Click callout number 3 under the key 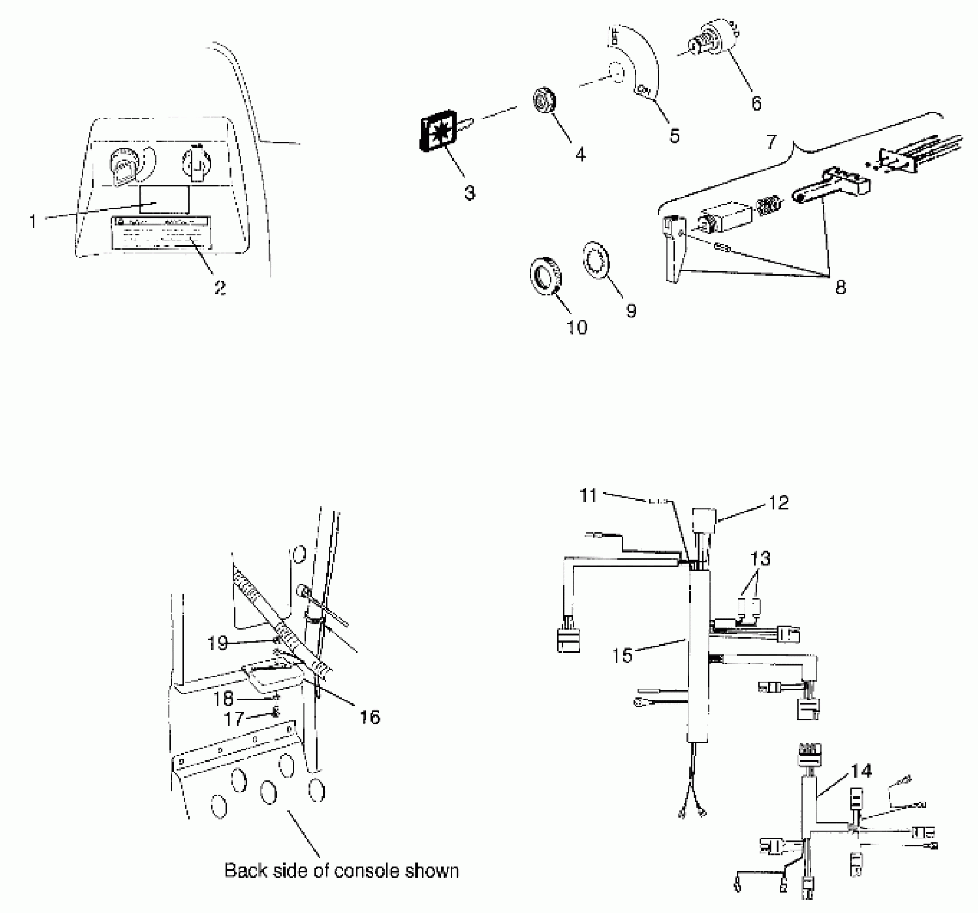coord(470,193)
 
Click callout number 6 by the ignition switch coord(756,103)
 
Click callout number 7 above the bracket coord(771,142)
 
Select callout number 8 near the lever coord(840,287)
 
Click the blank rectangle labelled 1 coord(164,200)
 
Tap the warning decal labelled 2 coord(160,233)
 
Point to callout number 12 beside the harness coord(779,503)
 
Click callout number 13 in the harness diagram coord(760,559)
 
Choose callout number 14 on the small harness coord(861,771)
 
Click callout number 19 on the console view coord(218,643)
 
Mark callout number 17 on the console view coord(234,718)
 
